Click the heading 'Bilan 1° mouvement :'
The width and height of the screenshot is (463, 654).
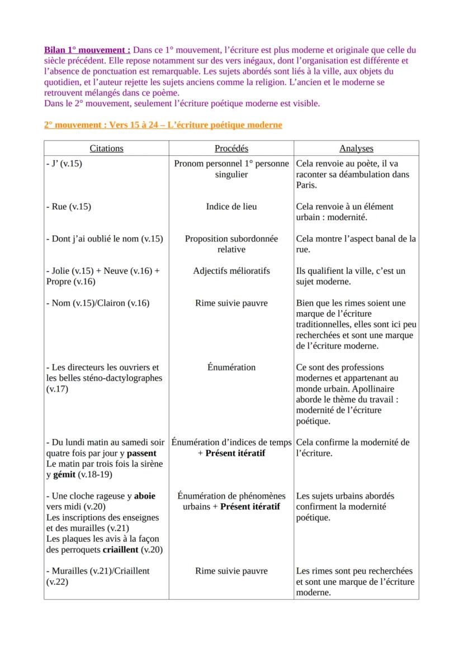click(87, 50)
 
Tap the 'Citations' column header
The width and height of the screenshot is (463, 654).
click(106, 149)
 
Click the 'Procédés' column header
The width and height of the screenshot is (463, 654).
click(232, 149)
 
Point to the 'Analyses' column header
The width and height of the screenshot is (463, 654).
click(356, 149)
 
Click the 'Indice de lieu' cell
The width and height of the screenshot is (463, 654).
click(232, 207)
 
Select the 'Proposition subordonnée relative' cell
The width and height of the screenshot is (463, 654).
click(232, 244)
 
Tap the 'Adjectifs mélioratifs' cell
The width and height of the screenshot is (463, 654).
click(232, 271)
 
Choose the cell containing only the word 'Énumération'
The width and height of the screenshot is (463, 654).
click(232, 367)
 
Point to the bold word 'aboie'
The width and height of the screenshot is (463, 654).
click(145, 496)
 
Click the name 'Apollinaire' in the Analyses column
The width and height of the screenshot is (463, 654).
click(372, 389)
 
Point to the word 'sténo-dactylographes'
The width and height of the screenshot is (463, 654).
click(123, 378)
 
